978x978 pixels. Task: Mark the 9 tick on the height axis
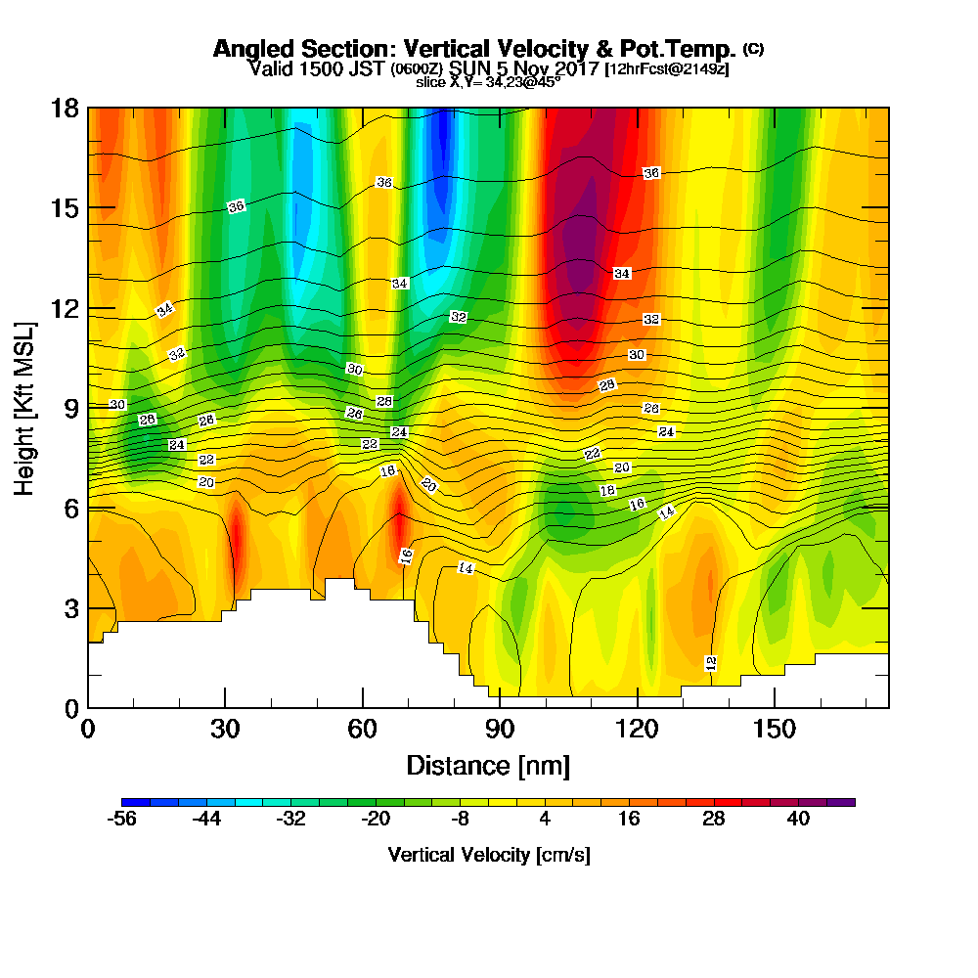[x=70, y=408]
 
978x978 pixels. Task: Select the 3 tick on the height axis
[x=70, y=608]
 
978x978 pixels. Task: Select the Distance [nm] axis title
[x=488, y=765]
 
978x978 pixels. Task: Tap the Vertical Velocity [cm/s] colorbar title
[x=489, y=855]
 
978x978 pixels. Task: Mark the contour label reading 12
[x=711, y=663]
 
